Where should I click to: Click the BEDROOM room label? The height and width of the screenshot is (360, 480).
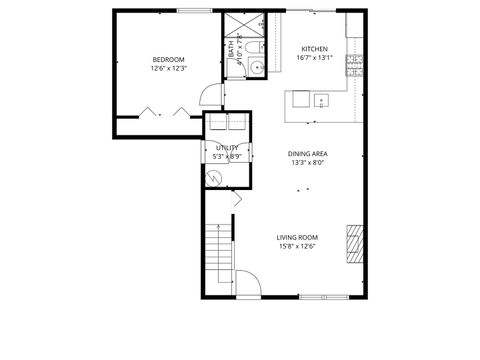[169, 58]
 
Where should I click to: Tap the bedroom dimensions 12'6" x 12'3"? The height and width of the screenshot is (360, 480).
[169, 68]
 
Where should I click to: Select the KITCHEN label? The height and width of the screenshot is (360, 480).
[315, 48]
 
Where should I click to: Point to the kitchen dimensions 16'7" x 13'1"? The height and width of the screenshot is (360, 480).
[315, 58]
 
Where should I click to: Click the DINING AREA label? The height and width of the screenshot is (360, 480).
[309, 153]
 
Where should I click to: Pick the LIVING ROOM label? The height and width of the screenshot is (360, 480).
[297, 237]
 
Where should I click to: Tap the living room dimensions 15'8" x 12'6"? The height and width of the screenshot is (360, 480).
[297, 247]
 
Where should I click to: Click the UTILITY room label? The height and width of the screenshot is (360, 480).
[227, 148]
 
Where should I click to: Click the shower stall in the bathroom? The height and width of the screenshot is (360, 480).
[242, 25]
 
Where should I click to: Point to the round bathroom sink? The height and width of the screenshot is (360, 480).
[255, 68]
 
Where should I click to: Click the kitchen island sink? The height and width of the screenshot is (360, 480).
[322, 100]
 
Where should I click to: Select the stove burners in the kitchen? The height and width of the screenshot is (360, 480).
[353, 66]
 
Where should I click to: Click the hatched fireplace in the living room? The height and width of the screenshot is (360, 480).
[354, 241]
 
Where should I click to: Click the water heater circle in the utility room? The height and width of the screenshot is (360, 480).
[215, 177]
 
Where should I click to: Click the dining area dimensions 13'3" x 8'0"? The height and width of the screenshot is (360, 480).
[309, 163]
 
